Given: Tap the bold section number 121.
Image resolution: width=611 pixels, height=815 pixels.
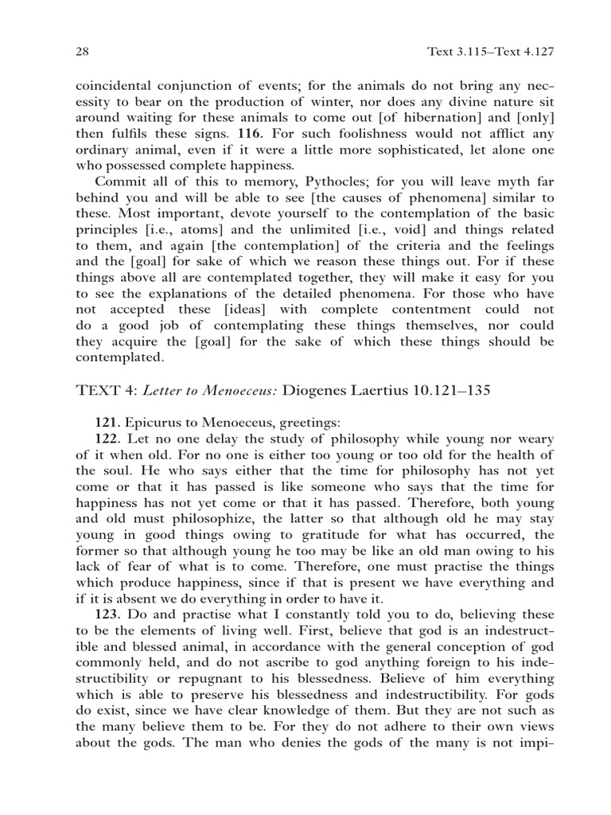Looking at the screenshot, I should [108, 422].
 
